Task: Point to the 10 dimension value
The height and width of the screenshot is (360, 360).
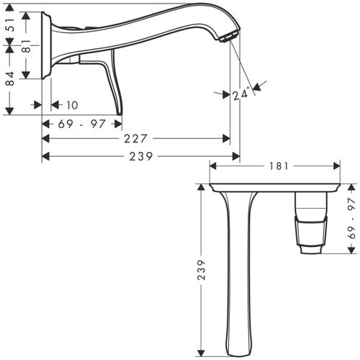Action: [73, 105]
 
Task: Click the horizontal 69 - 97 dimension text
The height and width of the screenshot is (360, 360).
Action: [81, 123]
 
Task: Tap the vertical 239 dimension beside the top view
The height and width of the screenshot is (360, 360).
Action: [202, 269]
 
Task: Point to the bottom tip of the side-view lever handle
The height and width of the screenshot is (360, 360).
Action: [119, 113]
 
